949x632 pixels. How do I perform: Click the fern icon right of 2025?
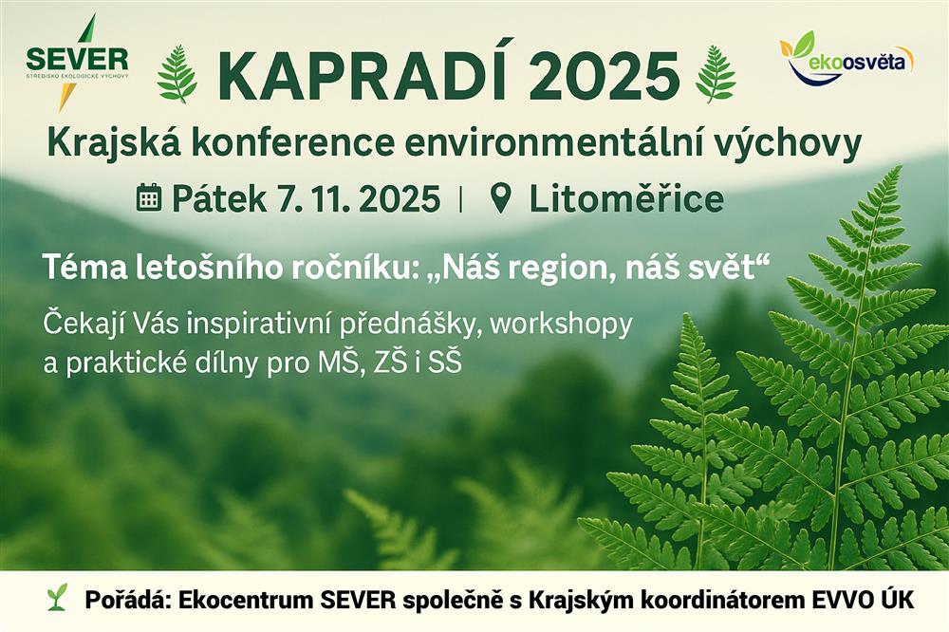coord(716,73)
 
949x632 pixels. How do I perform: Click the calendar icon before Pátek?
coord(149,198)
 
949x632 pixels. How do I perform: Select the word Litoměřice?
coord(625,199)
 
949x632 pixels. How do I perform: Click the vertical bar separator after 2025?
coord(462,199)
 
